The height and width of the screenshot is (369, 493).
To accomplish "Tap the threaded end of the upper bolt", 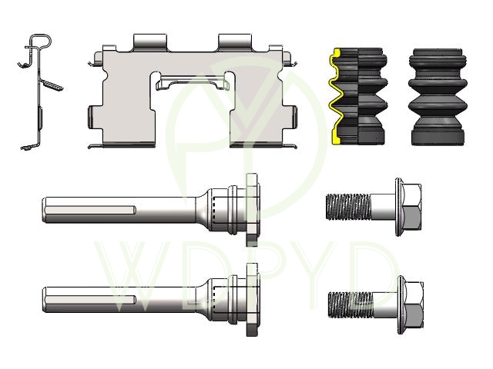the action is pyautogui.click(x=348, y=207).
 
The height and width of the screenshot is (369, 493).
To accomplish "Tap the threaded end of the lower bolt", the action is pyautogui.click(x=350, y=304).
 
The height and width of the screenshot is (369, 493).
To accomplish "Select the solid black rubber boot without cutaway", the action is pyautogui.click(x=438, y=97).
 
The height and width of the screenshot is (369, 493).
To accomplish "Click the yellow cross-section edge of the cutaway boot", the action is pyautogui.click(x=335, y=97).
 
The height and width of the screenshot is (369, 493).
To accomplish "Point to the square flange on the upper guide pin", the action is pyautogui.click(x=253, y=210).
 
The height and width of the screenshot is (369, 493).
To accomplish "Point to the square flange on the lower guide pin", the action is pyautogui.click(x=253, y=300).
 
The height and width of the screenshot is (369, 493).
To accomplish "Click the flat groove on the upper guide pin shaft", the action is pyautogui.click(x=91, y=210).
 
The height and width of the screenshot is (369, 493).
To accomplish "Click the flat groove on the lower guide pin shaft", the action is pyautogui.click(x=91, y=300).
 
